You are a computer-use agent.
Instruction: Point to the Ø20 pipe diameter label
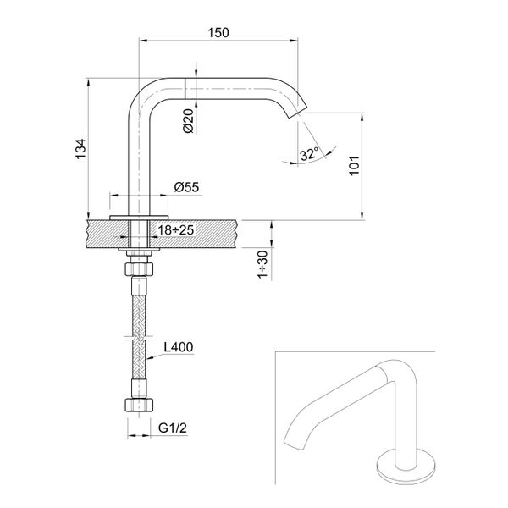pyautogui.click(x=190, y=121)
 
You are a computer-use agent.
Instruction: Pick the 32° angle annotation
pyautogui.click(x=309, y=153)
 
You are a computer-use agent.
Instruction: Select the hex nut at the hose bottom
pyautogui.click(x=137, y=404)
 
